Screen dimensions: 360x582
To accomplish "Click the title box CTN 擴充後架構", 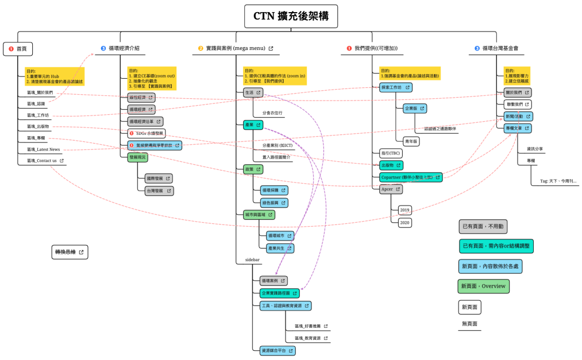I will (x=291, y=17).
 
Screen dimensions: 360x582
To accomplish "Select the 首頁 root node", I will (x=18, y=49).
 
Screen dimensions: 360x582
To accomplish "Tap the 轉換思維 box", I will (x=70, y=251).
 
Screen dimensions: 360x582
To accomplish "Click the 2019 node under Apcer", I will (x=405, y=210).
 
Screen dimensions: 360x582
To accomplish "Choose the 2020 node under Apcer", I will (x=405, y=222).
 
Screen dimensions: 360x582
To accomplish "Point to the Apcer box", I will (x=391, y=189).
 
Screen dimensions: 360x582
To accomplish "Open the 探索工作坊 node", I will (x=395, y=87).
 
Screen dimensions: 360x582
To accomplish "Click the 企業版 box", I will (x=414, y=108).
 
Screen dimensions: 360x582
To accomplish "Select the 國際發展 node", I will (x=158, y=179).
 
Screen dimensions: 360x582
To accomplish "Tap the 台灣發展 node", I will (x=159, y=191).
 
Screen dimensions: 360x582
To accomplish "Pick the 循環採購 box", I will (x=273, y=190).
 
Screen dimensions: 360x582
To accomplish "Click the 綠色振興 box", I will (x=273, y=203).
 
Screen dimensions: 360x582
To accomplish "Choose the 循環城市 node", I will (x=280, y=235).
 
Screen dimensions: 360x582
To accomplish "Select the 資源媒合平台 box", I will (x=277, y=350).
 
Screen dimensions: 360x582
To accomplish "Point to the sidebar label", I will (x=252, y=260).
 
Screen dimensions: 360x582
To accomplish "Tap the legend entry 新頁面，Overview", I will (x=483, y=286).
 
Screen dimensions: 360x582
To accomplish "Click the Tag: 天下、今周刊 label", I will (x=558, y=181).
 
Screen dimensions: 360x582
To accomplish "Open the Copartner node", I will (x=411, y=177).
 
